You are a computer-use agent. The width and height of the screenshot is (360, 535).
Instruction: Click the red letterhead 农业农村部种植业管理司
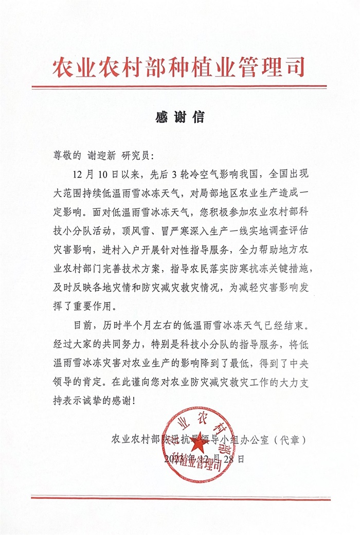179,67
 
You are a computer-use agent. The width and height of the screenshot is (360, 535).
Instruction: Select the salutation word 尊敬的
67,155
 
